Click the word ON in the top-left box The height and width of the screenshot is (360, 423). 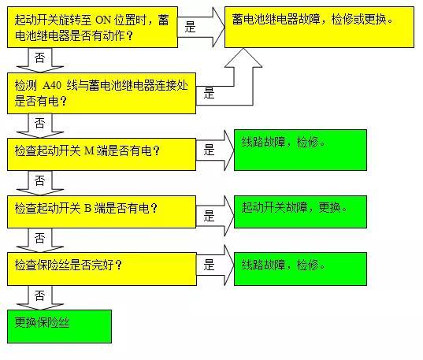pyautogui.click(x=103, y=20)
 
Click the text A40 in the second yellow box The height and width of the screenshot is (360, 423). pyautogui.click(x=52, y=85)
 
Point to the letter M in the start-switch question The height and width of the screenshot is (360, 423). pyautogui.click(x=90, y=150)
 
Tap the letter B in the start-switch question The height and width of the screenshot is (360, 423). pyautogui.click(x=87, y=208)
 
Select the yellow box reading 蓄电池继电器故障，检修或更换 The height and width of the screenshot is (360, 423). pyautogui.click(x=319, y=28)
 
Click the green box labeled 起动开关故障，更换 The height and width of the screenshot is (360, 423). pyautogui.click(x=300, y=212)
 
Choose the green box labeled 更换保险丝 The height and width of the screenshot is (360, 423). pyautogui.click(x=59, y=326)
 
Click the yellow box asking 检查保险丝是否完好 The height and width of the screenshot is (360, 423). pyautogui.click(x=102, y=269)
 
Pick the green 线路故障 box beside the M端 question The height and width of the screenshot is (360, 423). pyautogui.click(x=300, y=150)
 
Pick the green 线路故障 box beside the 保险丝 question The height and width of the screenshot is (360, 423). pyautogui.click(x=300, y=269)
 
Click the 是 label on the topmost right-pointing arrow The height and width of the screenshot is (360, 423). pyautogui.click(x=190, y=27)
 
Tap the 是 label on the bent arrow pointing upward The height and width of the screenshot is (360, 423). pyautogui.click(x=209, y=93)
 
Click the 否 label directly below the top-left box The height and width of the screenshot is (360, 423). pyautogui.click(x=39, y=58)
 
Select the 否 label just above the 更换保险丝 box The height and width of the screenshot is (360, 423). pyautogui.click(x=39, y=295)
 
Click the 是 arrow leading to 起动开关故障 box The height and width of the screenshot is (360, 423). pyautogui.click(x=215, y=216)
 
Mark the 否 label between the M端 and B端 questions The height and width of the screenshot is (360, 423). pyautogui.click(x=39, y=180)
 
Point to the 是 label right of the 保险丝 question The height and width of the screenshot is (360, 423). pyautogui.click(x=209, y=265)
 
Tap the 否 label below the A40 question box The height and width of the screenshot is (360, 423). pyautogui.click(x=39, y=123)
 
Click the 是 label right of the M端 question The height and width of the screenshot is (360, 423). pyautogui.click(x=209, y=150)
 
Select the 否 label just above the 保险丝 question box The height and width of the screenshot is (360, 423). pyautogui.click(x=39, y=238)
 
